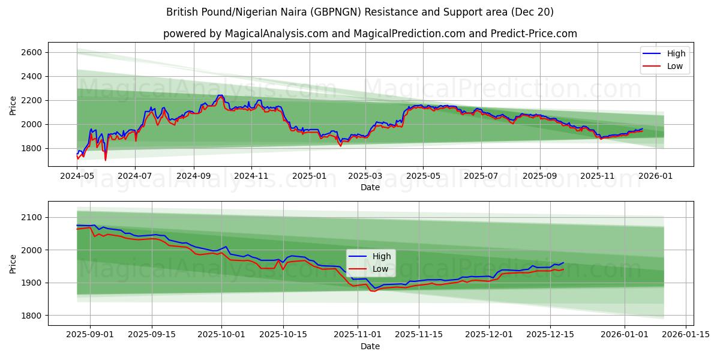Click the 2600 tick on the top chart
pyautogui.click(x=31, y=53)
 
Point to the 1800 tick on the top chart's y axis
pyautogui.click(x=31, y=148)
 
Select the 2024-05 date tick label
pyautogui.click(x=77, y=176)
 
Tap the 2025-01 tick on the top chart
pyautogui.click(x=310, y=176)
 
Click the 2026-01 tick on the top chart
pyautogui.click(x=655, y=176)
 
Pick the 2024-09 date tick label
pyautogui.click(x=194, y=176)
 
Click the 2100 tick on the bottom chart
pyautogui.click(x=31, y=217)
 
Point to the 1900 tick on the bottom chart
pyautogui.click(x=31, y=283)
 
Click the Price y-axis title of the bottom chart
pyautogui.click(x=13, y=263)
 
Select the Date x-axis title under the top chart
pyautogui.click(x=370, y=187)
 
